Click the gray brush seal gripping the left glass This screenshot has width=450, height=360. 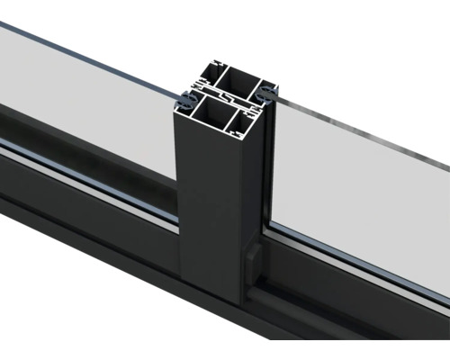pos(184,95)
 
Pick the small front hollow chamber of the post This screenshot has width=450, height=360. pos(246,117)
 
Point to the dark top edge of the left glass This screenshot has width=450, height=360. pos(90,54)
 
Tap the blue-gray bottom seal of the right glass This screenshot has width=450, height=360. pos(360,261)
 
